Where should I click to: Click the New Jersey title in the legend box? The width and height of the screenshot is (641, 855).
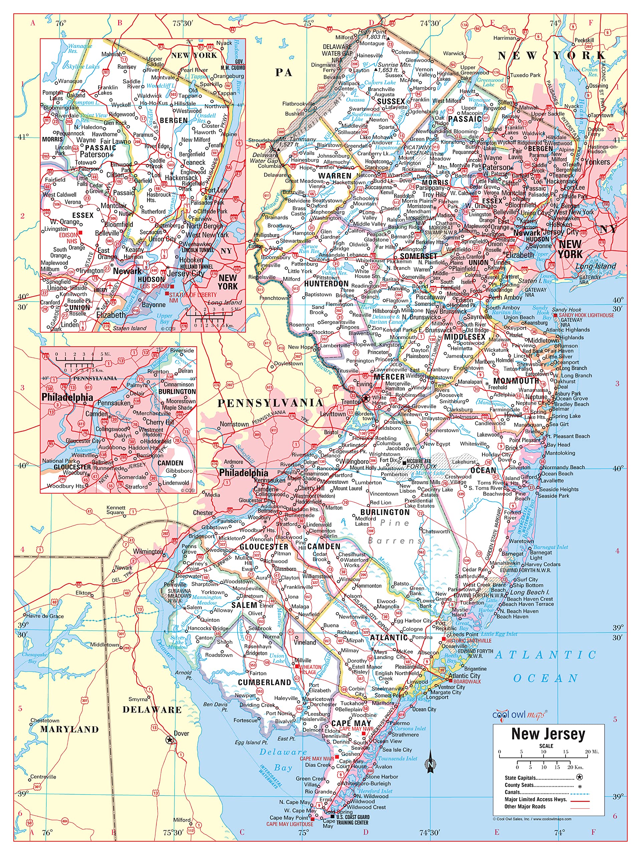[x=548, y=734]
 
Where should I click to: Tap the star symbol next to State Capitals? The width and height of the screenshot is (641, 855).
[x=579, y=777]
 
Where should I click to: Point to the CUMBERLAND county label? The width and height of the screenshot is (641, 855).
[x=264, y=682]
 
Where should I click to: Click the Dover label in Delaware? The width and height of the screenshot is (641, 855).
[x=181, y=733]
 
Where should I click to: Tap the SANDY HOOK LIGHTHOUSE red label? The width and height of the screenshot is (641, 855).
[x=586, y=315]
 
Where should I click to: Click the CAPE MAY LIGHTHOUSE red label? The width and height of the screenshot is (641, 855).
[x=290, y=824]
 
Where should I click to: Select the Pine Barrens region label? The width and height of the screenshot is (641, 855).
[x=394, y=531]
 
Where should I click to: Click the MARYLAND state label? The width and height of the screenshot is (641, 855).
[x=69, y=729]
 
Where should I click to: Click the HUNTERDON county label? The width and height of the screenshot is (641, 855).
[x=326, y=284]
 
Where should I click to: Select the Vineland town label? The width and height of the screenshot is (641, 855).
[x=304, y=642]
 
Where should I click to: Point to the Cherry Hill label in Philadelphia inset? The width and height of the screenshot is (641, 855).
[x=160, y=422]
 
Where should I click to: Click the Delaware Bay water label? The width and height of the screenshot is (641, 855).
[x=283, y=760]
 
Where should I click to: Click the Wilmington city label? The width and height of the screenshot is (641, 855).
[x=148, y=551]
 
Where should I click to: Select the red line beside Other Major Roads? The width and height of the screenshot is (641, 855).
[x=580, y=807]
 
